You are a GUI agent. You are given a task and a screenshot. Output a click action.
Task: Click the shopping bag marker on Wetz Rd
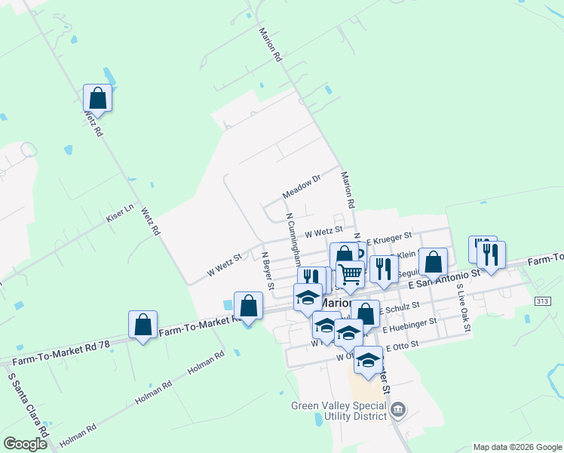(x=97, y=97)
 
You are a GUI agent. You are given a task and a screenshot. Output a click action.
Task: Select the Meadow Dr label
(x=302, y=186)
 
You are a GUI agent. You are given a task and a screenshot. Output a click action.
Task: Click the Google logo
(x=25, y=444)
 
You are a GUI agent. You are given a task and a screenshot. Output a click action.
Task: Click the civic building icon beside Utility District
(x=400, y=410)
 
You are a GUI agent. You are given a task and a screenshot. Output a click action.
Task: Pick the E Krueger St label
(x=389, y=237)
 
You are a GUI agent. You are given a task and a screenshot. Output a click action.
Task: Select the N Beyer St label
(x=266, y=270)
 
